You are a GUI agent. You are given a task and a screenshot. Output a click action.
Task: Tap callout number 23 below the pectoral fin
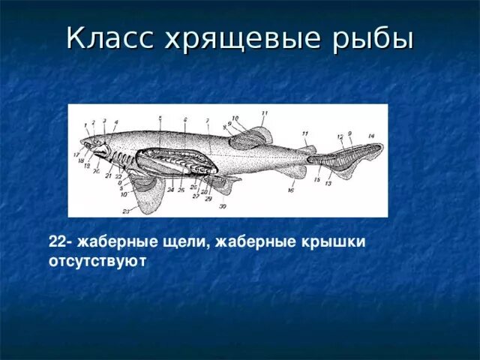click(x=127, y=211)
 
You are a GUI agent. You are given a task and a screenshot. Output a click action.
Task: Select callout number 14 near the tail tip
click(x=370, y=136)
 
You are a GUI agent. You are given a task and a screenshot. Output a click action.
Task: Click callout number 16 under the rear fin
click(x=290, y=191)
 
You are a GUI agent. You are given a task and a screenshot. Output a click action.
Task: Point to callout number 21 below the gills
click(x=108, y=175)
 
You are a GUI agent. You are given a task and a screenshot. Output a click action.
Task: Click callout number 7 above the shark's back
click(x=207, y=121)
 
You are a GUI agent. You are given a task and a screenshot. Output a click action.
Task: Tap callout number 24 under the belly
click(x=170, y=190)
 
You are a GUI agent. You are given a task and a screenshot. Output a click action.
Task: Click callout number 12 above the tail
click(x=340, y=136)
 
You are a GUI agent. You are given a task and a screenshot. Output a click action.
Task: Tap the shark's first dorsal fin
click(x=252, y=137)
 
